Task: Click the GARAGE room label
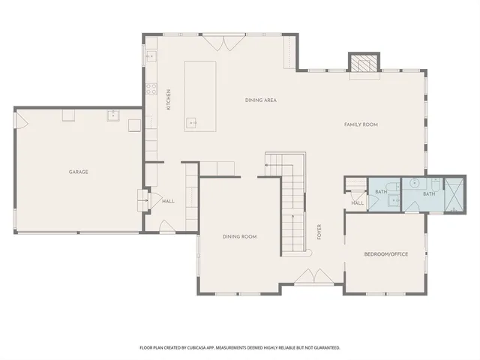79,172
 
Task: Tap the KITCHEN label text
169,100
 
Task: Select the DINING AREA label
261,100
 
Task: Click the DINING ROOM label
239,236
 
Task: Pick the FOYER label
319,231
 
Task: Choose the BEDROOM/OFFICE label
385,254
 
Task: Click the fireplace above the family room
365,64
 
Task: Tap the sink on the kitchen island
193,122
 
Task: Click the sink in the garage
114,115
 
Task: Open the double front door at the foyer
309,278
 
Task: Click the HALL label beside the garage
168,201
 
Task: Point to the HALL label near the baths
357,203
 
